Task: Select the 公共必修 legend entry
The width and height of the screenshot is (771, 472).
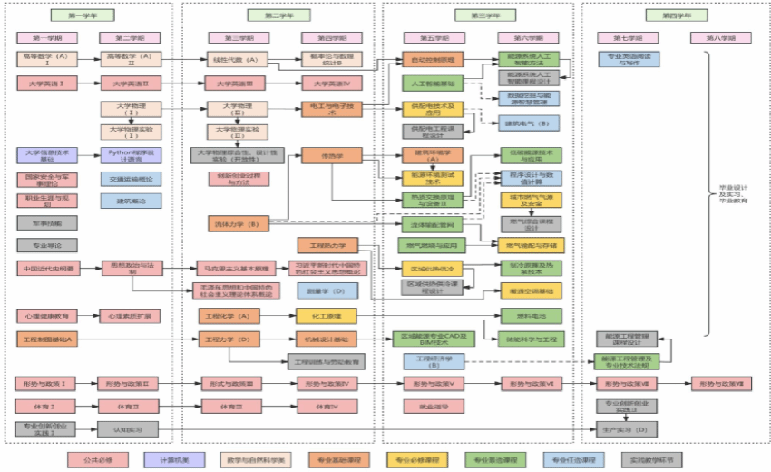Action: [87, 459]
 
